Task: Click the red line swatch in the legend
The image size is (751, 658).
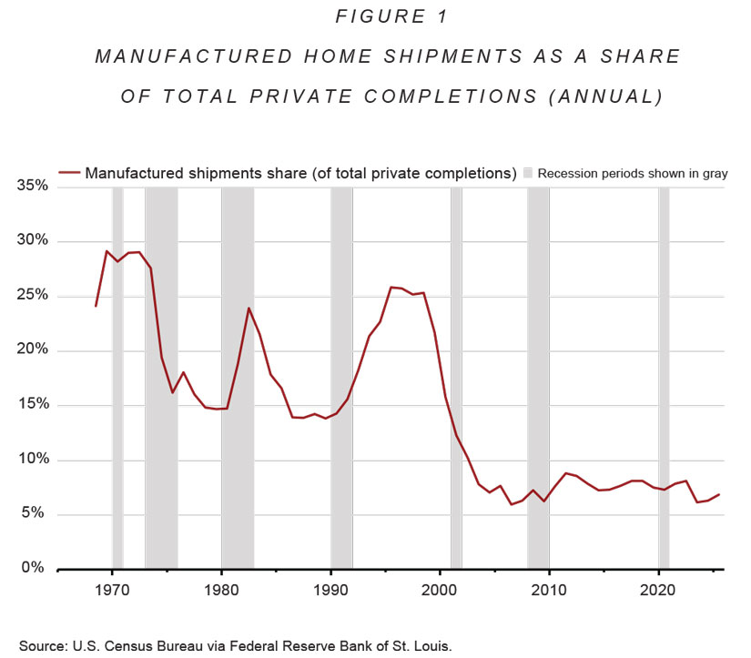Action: (x=69, y=172)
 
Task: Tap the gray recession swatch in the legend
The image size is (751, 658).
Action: (x=528, y=172)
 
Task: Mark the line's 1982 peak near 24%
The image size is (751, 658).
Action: (x=249, y=308)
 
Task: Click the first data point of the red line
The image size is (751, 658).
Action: (x=96, y=306)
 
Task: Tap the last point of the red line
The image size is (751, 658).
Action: (x=719, y=494)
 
